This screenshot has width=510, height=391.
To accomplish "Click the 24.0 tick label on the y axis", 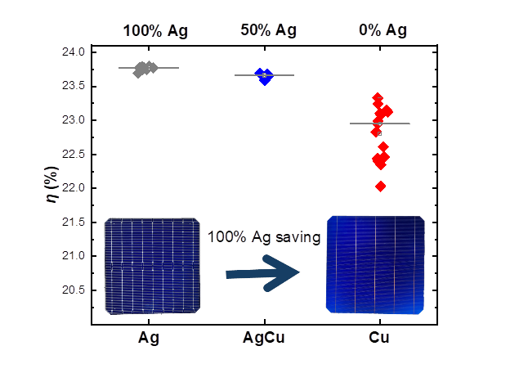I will [x=73, y=52].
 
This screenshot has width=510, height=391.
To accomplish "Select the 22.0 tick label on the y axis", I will [x=73, y=188].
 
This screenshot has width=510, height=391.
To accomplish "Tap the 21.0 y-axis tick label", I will [x=73, y=256].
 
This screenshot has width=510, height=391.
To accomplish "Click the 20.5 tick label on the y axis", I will [x=73, y=290].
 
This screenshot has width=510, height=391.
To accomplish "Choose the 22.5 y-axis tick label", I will [x=73, y=155].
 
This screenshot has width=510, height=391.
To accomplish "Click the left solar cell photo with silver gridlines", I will [x=153, y=266].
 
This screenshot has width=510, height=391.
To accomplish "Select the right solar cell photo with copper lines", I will [x=375, y=264].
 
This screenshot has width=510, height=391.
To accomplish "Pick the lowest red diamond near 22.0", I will [x=381, y=187].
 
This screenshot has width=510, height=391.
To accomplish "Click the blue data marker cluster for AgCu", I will [x=264, y=76].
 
